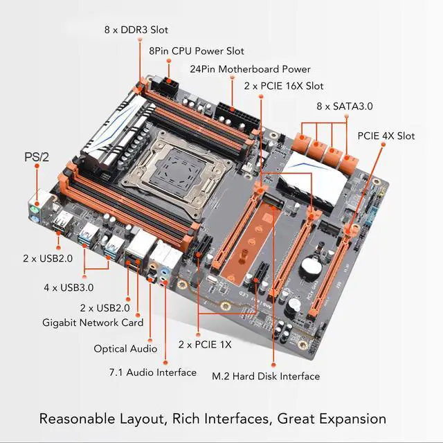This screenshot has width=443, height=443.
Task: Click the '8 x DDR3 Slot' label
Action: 136,30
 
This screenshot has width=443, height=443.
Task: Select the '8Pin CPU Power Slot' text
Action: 197,51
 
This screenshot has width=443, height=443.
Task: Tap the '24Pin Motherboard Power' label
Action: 250,69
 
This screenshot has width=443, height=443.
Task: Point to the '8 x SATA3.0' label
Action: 345,106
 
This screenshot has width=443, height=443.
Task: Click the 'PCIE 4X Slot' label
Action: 386,136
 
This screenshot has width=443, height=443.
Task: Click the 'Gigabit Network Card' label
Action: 93,323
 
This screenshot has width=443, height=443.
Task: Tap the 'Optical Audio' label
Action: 125,349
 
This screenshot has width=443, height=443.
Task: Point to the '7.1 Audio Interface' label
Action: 152,372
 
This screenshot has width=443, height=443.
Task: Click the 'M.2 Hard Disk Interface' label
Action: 266,376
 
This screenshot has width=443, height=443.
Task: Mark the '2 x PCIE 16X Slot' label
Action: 284,86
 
